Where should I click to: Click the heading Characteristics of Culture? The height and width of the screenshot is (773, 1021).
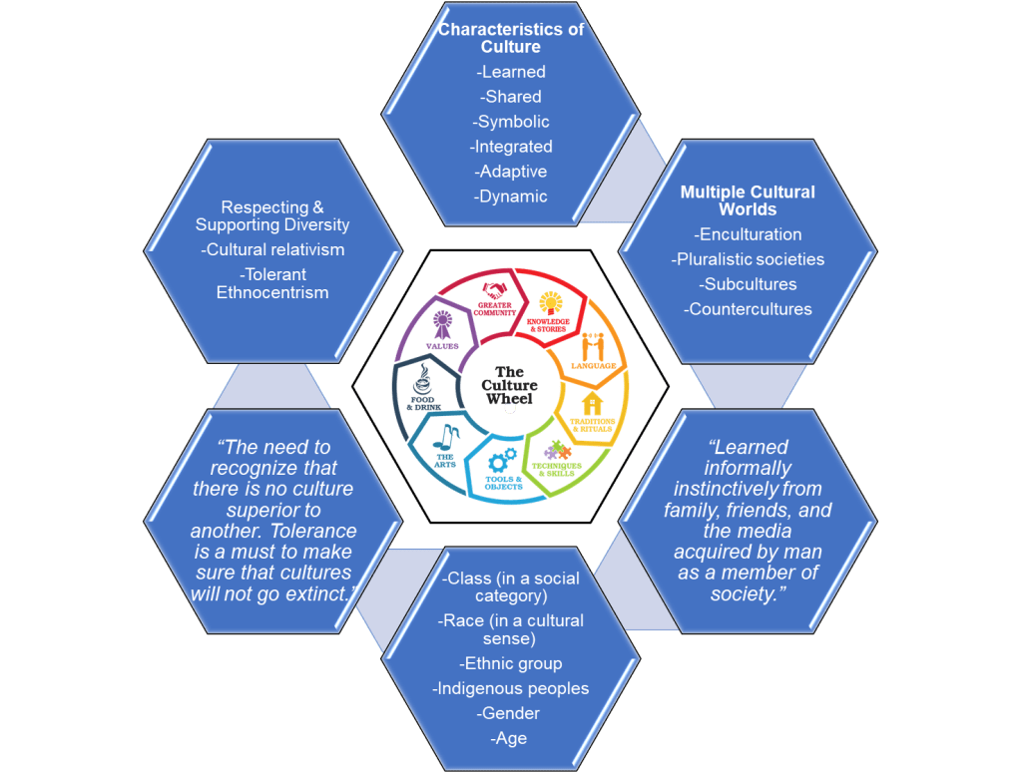point(510,38)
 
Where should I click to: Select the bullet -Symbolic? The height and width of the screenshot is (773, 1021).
point(511,122)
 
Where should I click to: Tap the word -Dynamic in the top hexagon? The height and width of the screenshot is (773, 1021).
point(511,196)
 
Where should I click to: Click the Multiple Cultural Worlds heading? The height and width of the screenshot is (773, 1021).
point(748,200)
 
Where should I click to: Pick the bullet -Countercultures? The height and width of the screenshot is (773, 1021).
point(748,309)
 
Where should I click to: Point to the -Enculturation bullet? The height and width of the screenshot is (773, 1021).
point(748,234)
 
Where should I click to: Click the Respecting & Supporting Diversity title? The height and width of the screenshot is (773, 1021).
point(272,216)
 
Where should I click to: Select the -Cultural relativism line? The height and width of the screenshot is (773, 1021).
point(272,249)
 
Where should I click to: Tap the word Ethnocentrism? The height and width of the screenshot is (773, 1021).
point(272,292)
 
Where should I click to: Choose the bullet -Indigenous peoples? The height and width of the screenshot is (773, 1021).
point(510,688)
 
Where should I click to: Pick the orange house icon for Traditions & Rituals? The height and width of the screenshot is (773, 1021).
point(594,404)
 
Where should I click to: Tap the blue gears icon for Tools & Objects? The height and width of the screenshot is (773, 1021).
point(502,461)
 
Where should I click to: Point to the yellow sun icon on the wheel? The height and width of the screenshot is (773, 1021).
point(551,300)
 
